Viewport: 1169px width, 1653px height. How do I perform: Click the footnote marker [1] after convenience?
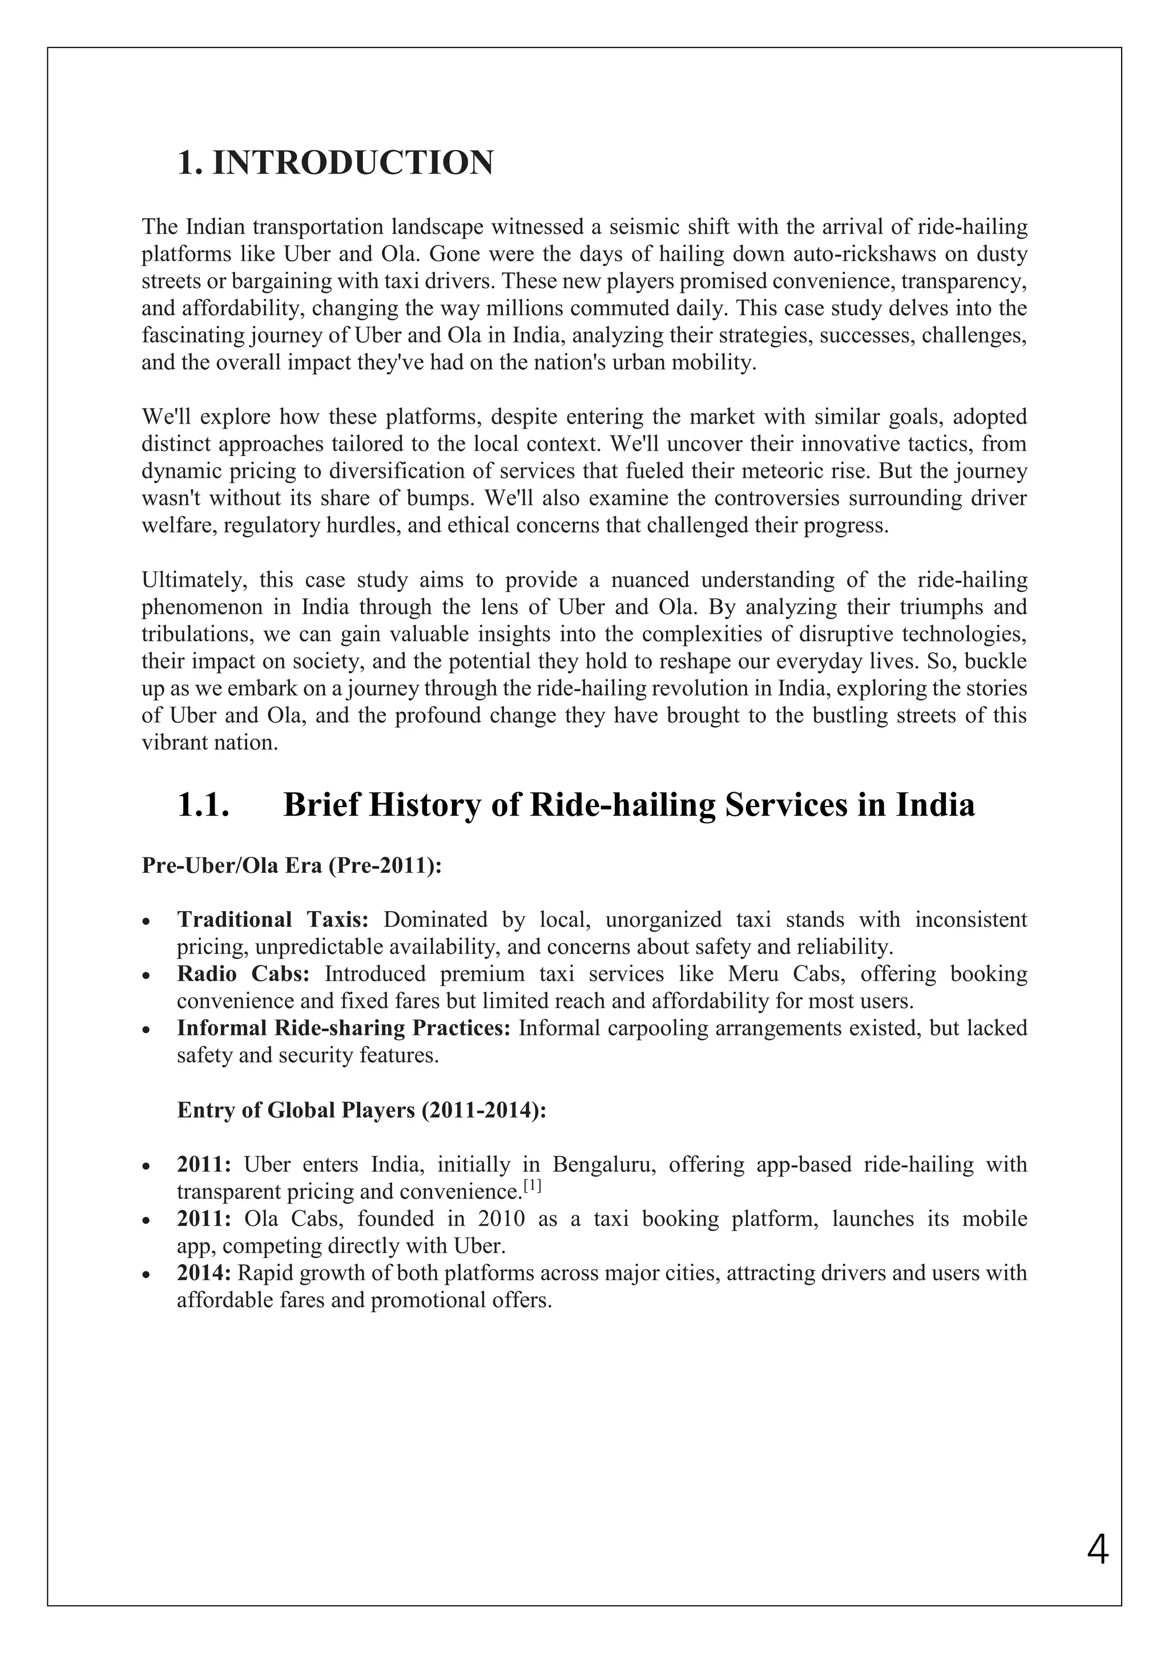click(x=532, y=1186)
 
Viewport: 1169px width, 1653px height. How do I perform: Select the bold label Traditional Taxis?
click(x=273, y=920)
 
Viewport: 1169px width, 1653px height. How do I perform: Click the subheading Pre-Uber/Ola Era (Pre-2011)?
click(x=292, y=865)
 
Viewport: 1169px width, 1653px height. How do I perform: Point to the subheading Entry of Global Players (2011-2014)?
click(x=362, y=1110)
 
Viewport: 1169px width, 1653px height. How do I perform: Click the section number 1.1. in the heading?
click(x=203, y=804)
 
